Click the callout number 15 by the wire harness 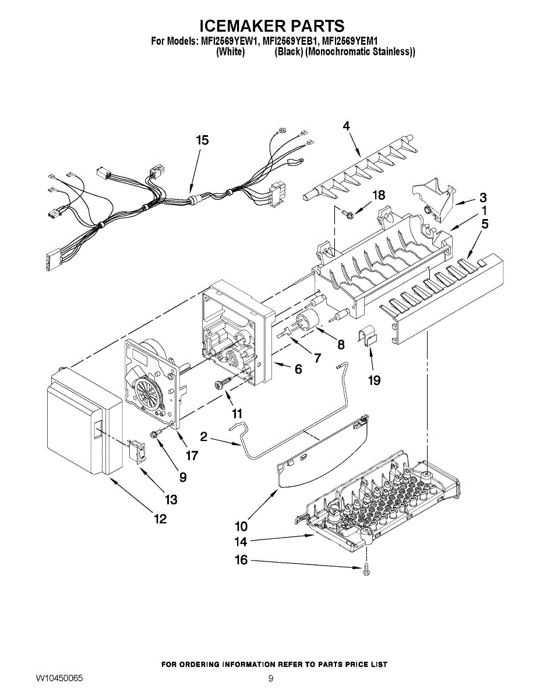click(x=203, y=140)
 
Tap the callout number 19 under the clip click(x=375, y=380)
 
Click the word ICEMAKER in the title click(x=245, y=25)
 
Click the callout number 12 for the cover click(x=161, y=519)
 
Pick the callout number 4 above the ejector click(x=346, y=126)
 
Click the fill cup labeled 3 click(x=435, y=199)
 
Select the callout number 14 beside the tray click(x=241, y=542)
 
